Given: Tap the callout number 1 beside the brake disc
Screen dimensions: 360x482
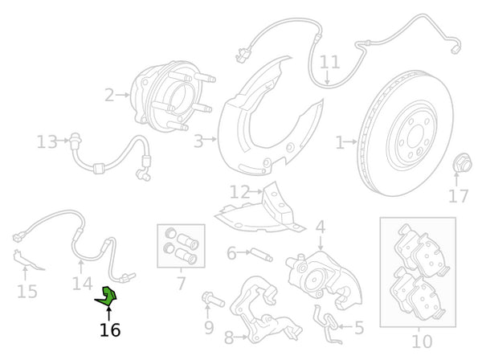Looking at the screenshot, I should [340, 142].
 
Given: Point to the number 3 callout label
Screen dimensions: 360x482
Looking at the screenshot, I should [198, 142].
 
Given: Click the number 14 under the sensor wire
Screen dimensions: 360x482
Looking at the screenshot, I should [82, 283].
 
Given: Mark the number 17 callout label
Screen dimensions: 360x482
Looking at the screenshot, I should [458, 195].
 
